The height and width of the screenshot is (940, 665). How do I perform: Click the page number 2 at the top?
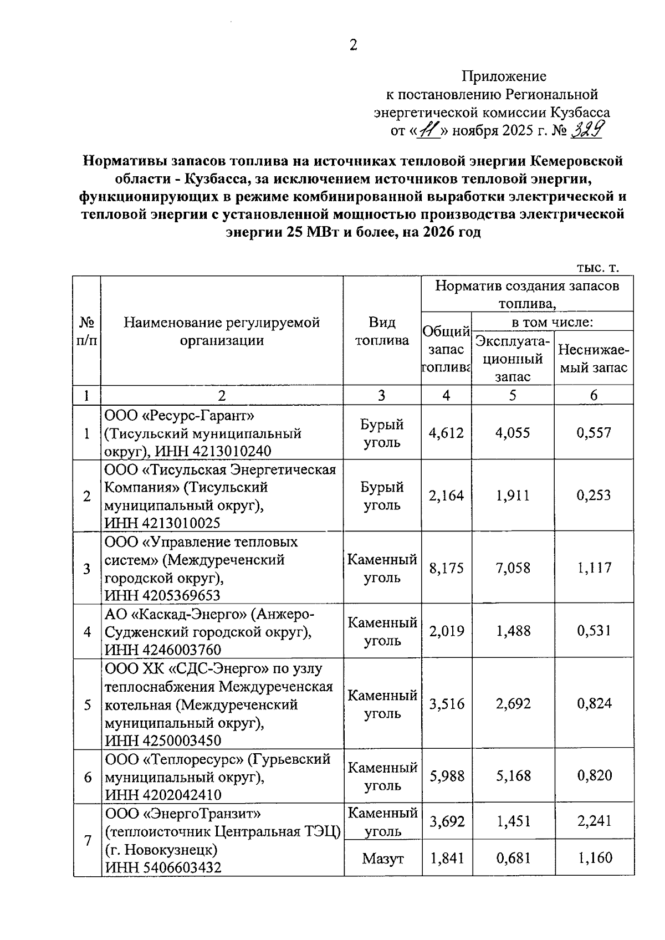click(x=353, y=45)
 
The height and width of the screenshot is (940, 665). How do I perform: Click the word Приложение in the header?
click(x=504, y=76)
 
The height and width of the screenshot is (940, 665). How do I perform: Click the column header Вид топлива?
click(x=382, y=331)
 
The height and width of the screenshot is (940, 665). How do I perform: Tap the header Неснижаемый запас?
click(x=594, y=358)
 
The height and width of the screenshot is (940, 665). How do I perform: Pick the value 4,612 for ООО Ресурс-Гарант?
click(x=446, y=433)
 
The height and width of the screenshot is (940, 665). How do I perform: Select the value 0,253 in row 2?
click(x=594, y=495)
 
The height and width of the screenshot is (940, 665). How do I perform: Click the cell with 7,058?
click(x=513, y=568)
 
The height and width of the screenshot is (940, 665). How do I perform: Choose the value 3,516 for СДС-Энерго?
click(x=446, y=704)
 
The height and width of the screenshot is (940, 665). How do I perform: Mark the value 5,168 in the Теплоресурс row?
click(x=513, y=775)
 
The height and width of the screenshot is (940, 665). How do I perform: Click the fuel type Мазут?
click(x=382, y=859)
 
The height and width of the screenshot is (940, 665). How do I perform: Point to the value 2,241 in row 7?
click(x=594, y=821)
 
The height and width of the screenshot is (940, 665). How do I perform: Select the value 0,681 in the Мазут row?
click(x=513, y=858)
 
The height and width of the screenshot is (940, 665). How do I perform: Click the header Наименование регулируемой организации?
click(x=222, y=331)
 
